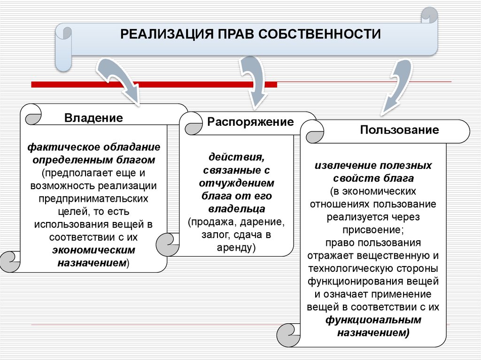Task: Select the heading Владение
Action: click(x=94, y=118)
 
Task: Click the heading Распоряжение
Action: click(x=250, y=123)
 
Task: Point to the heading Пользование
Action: click(x=399, y=130)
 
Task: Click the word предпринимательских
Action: click(x=94, y=199)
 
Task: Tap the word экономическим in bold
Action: click(x=94, y=250)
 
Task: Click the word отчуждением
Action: click(x=237, y=183)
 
